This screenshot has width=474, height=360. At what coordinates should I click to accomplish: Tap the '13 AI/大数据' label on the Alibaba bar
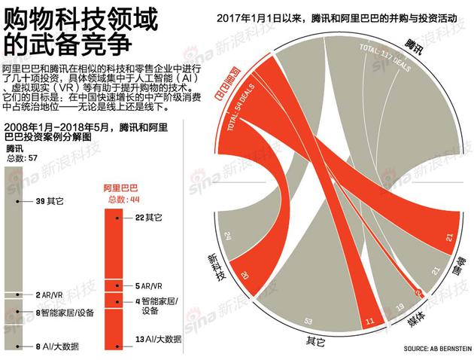point(154,339)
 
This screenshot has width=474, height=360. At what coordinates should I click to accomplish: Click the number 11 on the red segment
point(369,322)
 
